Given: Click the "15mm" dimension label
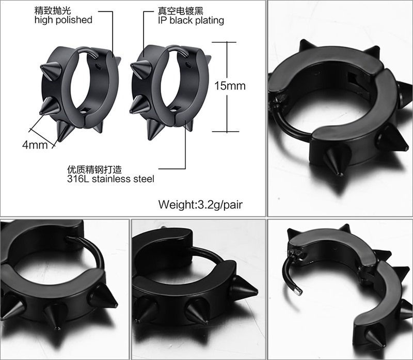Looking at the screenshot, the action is pos(230,86).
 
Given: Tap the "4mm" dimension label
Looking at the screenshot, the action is pos(35,145).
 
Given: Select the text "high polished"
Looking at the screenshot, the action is pos(63,20).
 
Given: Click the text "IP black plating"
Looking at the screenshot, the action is pos(191,21).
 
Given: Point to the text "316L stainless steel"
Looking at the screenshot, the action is pos(110,179).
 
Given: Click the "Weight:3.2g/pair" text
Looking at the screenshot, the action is pos(200,205).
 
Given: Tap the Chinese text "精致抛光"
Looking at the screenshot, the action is pos(53,10).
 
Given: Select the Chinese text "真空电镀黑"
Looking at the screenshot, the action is pos(180,11).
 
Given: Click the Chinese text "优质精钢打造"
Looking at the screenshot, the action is pos(94,169).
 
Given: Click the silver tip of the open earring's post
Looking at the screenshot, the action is pos(298,291).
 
